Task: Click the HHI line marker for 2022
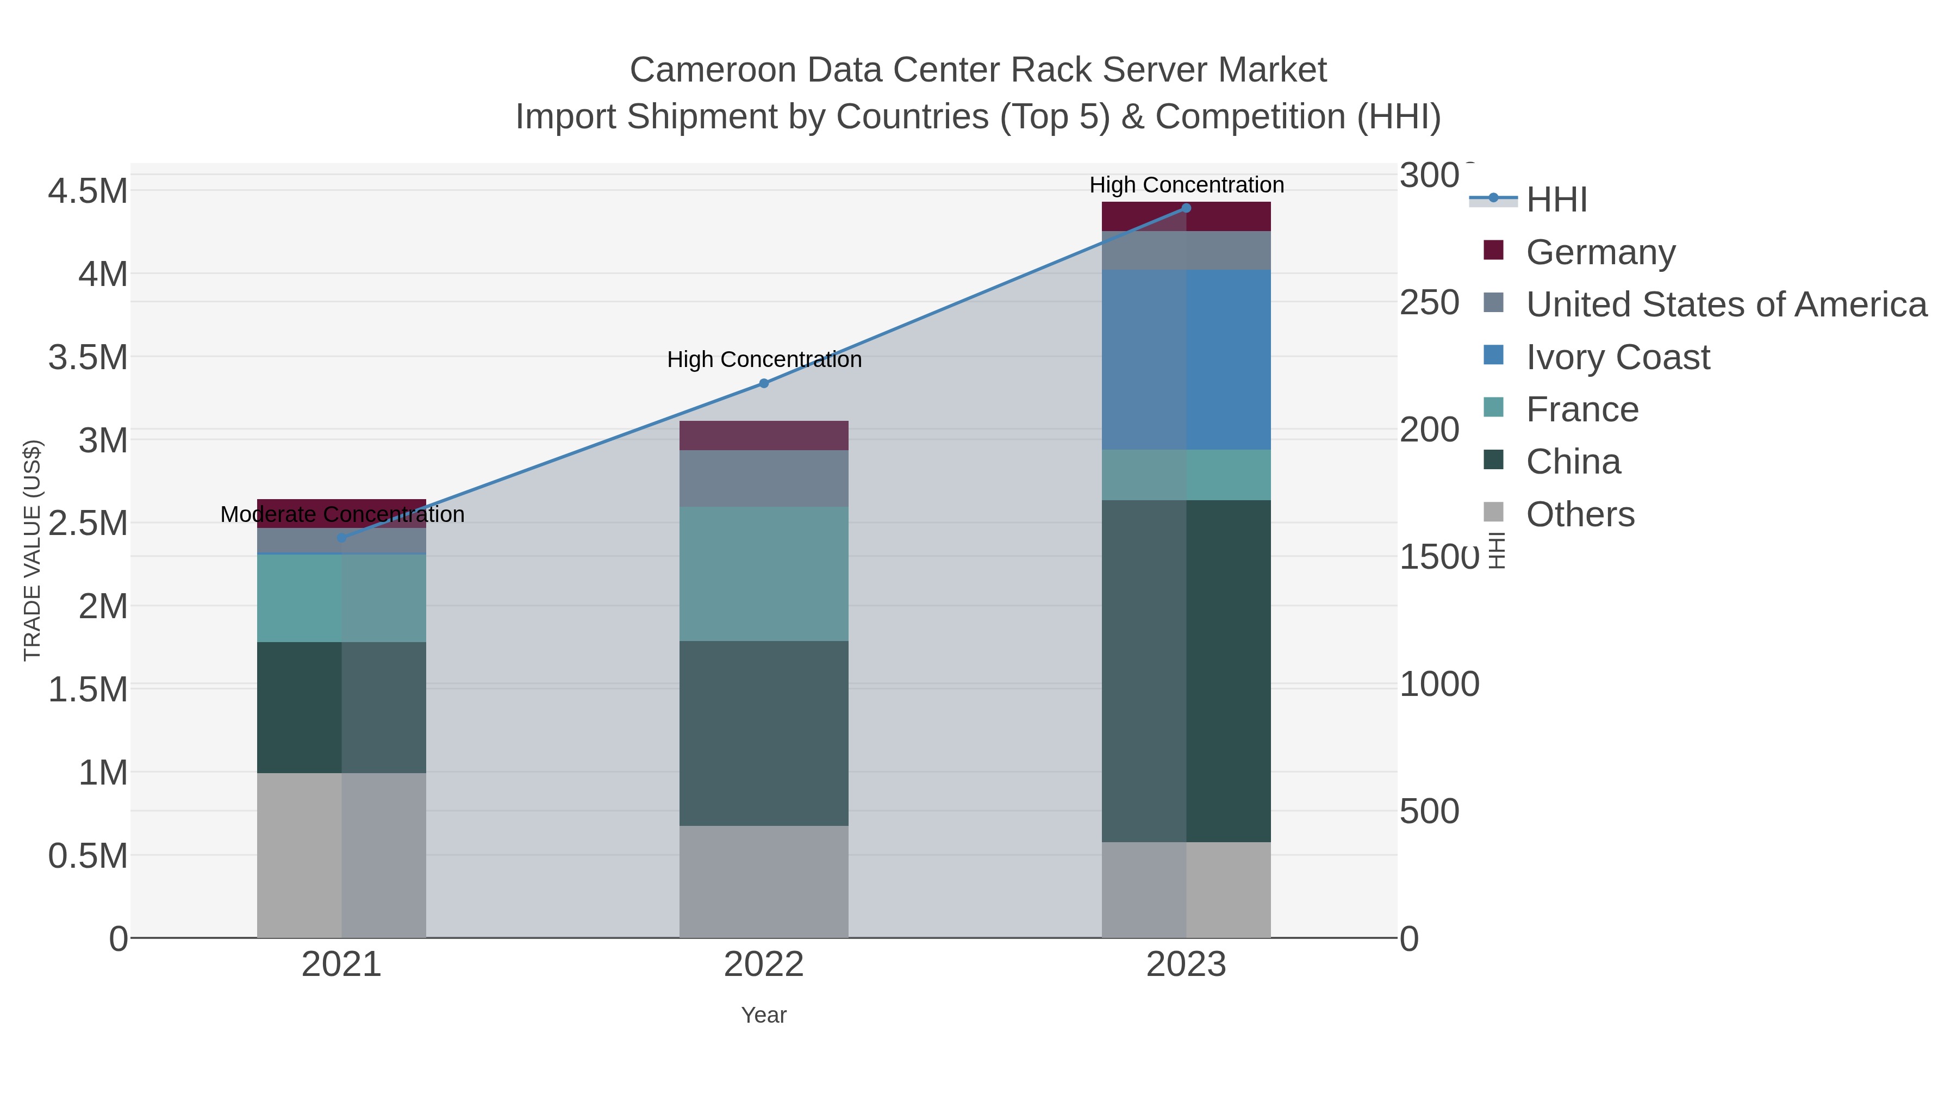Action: point(764,384)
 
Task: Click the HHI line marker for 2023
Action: point(1186,208)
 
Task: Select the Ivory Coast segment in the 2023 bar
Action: point(1186,359)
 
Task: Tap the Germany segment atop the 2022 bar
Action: point(764,436)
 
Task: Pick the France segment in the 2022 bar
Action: point(764,574)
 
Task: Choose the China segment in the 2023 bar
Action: point(1186,670)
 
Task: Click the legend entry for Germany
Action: point(1600,252)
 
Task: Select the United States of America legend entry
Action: point(1725,304)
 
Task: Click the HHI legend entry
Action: point(1556,200)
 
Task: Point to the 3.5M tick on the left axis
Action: point(88,357)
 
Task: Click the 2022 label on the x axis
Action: point(764,965)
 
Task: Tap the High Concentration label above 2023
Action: point(1186,185)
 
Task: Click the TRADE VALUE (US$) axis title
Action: point(33,550)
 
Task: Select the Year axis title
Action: point(764,1015)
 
